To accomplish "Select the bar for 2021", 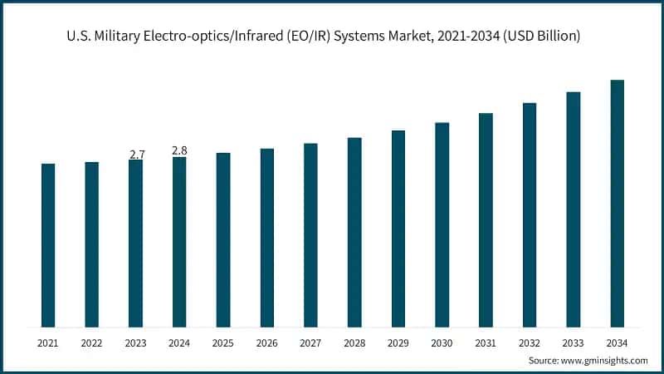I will point(48,245).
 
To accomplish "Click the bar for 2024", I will point(179,242).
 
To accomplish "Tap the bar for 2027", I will point(310,235).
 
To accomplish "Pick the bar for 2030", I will point(442,224).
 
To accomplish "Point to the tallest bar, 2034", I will point(617,204).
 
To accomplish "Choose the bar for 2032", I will point(530,215).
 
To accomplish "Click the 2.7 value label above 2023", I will point(137,155).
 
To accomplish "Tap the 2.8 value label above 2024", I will point(179,150).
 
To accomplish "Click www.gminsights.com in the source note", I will point(607,361).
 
